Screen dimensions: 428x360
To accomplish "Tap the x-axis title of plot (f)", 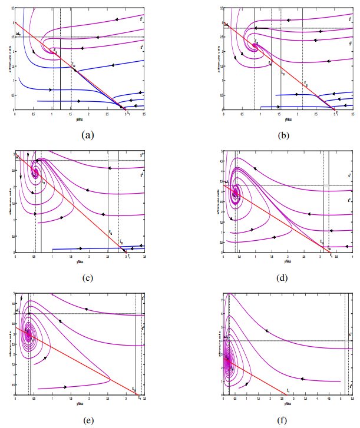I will pos(287,403).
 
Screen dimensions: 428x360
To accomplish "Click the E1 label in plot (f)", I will pos(288,390).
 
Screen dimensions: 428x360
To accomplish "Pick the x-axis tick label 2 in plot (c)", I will pos(89,256).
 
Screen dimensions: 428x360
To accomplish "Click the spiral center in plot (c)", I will pos(35,172).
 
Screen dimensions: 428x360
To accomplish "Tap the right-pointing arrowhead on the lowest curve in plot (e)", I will pos(65,387).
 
